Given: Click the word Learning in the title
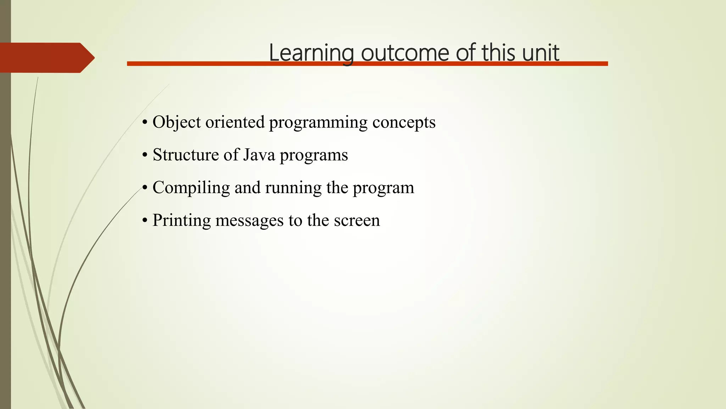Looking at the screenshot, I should [x=311, y=53].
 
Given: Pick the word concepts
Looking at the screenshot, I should [x=404, y=122].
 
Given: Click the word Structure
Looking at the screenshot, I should [x=186, y=155].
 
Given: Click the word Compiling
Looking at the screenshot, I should [x=191, y=188].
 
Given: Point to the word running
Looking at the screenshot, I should [x=293, y=188].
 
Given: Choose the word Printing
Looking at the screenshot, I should [x=181, y=220].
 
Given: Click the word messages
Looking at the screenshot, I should [x=250, y=220].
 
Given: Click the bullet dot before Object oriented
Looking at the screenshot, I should [x=144, y=123].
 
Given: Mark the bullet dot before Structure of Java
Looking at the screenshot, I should [x=144, y=156].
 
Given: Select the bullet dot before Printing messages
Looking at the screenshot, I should [x=144, y=221].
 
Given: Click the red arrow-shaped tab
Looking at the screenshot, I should [x=46, y=58].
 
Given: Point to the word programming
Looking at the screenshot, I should [x=318, y=122].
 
